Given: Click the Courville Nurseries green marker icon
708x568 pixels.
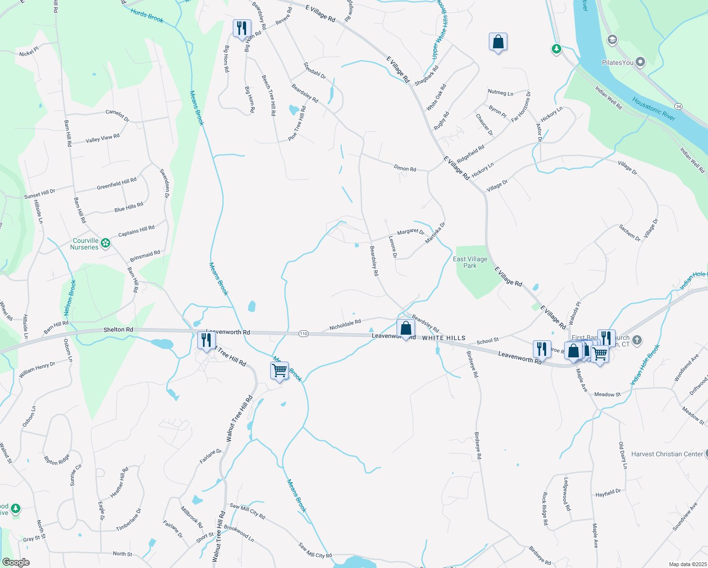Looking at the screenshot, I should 106,243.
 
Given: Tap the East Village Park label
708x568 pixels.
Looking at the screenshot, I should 470,262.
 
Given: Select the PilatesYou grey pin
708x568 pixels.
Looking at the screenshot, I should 640,62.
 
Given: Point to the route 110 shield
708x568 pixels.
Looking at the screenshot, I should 303,334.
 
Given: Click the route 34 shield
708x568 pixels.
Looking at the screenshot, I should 678,106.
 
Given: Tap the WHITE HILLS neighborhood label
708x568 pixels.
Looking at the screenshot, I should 443,338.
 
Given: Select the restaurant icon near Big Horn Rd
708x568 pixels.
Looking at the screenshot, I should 242,28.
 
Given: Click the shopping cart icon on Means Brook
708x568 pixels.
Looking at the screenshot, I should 280,371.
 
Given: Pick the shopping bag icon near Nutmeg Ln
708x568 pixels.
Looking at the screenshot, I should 498,42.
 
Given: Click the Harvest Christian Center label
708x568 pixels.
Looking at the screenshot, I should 667,454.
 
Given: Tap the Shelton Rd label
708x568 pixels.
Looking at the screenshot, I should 118,329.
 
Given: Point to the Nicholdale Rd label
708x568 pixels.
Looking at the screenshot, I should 345,325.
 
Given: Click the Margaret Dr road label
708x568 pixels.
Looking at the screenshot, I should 410,231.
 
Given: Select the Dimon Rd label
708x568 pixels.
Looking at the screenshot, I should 405,168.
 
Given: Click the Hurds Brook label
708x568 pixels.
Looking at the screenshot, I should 147,16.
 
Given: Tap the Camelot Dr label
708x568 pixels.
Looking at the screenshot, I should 117,115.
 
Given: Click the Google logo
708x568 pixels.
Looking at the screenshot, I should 16,562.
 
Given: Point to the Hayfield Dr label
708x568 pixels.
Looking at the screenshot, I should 608,493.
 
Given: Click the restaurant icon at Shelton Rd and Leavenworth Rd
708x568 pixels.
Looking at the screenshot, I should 206,340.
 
